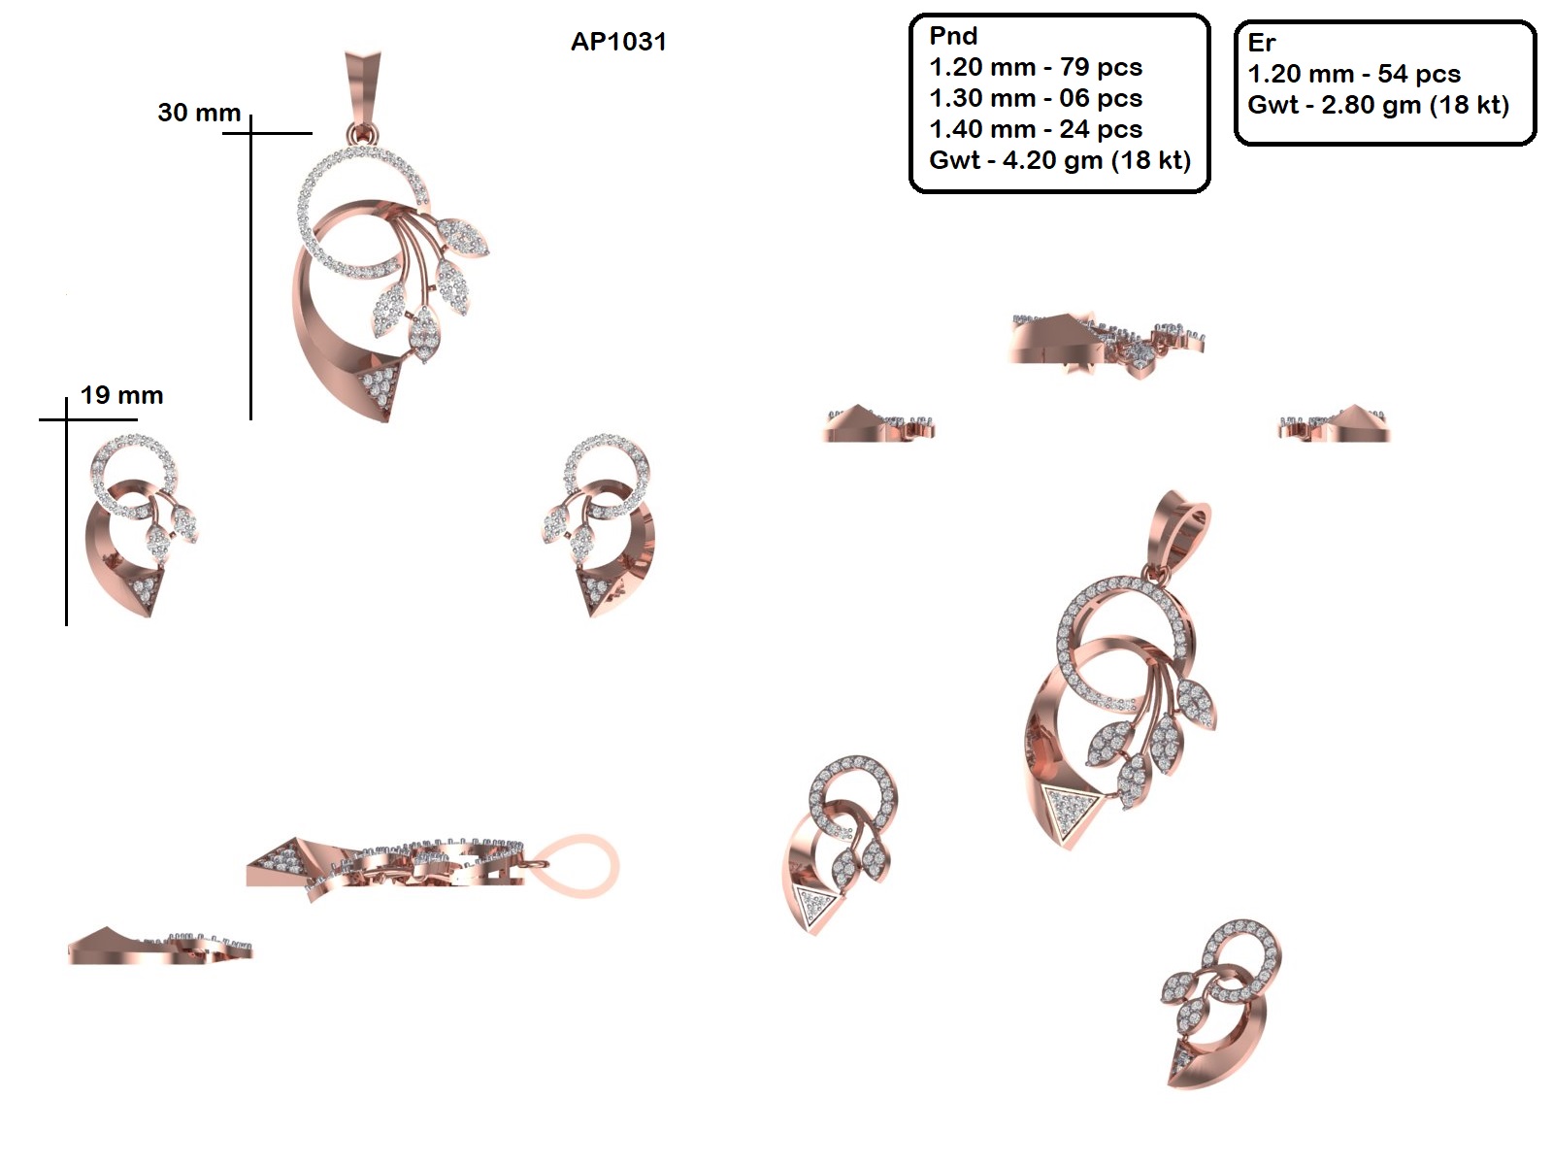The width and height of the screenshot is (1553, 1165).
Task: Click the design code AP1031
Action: click(618, 42)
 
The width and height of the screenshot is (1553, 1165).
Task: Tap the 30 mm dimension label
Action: click(199, 113)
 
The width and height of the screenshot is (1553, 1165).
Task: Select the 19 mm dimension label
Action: click(121, 395)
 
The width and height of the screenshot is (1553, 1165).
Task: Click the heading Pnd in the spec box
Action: click(953, 35)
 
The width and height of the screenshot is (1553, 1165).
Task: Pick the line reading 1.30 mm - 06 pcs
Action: click(1036, 98)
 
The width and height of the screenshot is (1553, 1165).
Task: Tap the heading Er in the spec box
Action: click(1262, 43)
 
